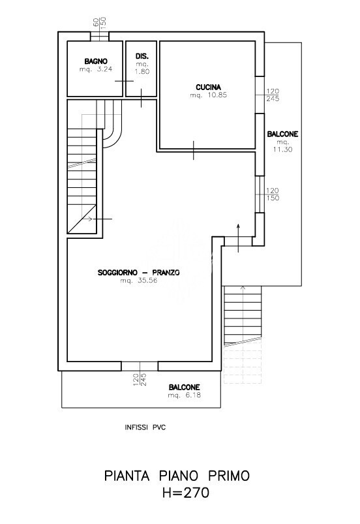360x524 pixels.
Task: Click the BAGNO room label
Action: point(96,61)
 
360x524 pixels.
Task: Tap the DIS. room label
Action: point(142,56)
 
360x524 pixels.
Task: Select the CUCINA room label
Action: point(209,87)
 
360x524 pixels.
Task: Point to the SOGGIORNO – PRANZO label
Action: point(139,273)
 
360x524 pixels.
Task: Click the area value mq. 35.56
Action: point(139,281)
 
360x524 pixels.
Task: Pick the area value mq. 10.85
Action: point(209,95)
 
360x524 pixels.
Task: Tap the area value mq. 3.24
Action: point(96,70)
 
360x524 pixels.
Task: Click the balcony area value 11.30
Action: point(283,149)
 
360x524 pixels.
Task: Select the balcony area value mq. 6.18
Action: point(185,395)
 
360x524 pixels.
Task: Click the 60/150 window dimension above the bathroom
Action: point(99,22)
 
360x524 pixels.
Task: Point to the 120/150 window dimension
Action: point(273,194)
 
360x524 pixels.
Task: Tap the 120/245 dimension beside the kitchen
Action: point(273,95)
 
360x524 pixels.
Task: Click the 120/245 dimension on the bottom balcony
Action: point(140,380)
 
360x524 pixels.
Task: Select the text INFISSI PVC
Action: point(145,427)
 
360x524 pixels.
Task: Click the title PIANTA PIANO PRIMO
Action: point(177,476)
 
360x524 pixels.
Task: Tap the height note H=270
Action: point(186,493)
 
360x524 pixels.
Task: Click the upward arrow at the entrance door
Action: point(238,238)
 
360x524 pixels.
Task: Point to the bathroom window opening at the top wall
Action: point(100,37)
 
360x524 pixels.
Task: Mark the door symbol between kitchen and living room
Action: point(193,150)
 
